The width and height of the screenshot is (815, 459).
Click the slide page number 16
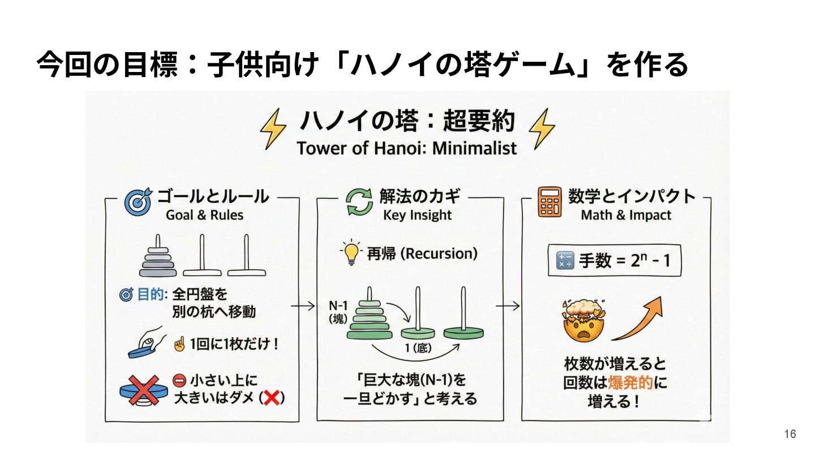[790, 434]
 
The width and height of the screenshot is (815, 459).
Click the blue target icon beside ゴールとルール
[138, 202]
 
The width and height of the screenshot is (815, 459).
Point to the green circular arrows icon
[359, 202]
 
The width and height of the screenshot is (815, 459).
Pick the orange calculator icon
[550, 202]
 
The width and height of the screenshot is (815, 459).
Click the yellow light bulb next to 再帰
[351, 252]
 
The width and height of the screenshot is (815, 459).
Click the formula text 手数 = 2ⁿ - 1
[624, 261]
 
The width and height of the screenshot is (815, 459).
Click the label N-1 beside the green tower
[338, 305]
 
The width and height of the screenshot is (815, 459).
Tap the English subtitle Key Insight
[417, 215]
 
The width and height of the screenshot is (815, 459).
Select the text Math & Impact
[626, 215]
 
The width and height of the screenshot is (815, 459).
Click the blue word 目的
[151, 294]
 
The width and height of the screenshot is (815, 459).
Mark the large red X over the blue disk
[144, 390]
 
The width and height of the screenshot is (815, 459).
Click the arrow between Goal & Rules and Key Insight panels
[303, 306]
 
